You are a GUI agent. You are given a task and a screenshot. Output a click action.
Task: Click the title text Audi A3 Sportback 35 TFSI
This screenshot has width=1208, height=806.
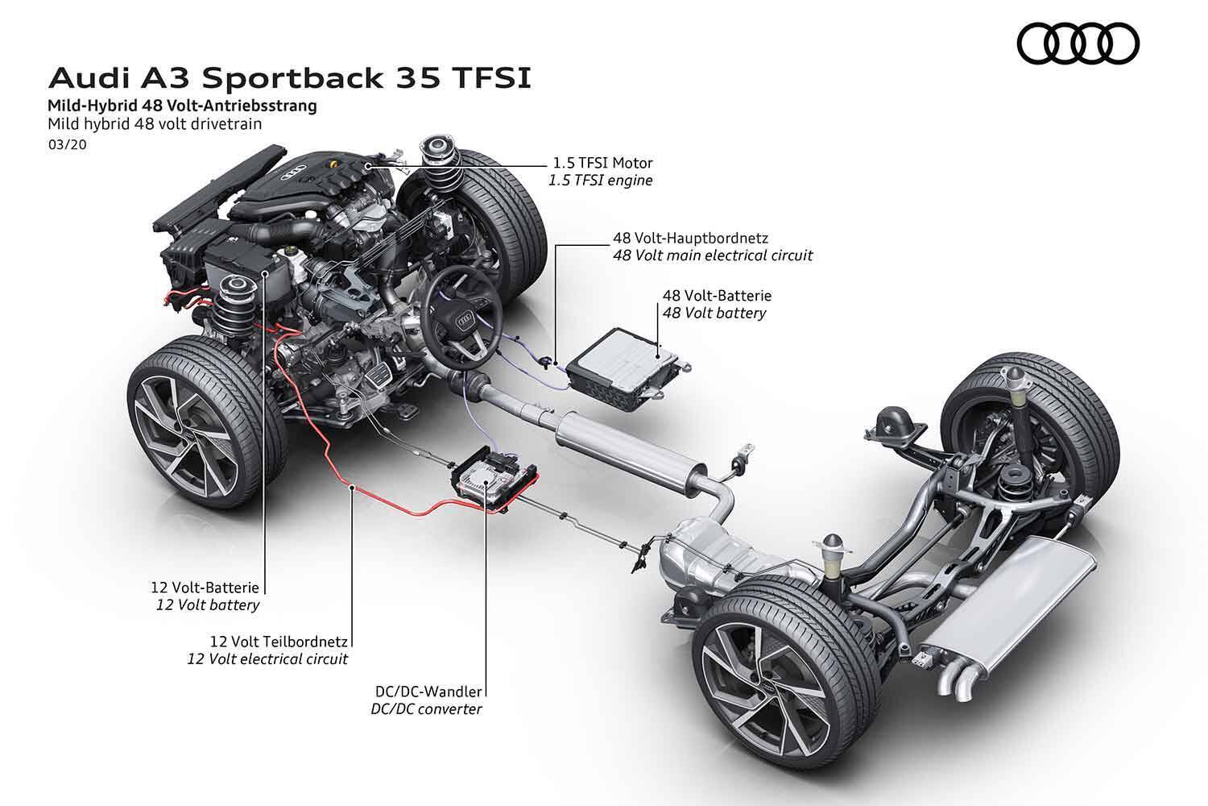(x=290, y=78)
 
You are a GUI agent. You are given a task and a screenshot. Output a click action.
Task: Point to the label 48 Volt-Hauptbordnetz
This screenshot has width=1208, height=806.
(x=690, y=238)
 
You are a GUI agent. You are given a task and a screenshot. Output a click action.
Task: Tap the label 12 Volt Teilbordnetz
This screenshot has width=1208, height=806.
(x=278, y=642)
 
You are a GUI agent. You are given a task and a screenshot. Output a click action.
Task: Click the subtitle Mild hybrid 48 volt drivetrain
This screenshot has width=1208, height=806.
(x=155, y=124)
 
